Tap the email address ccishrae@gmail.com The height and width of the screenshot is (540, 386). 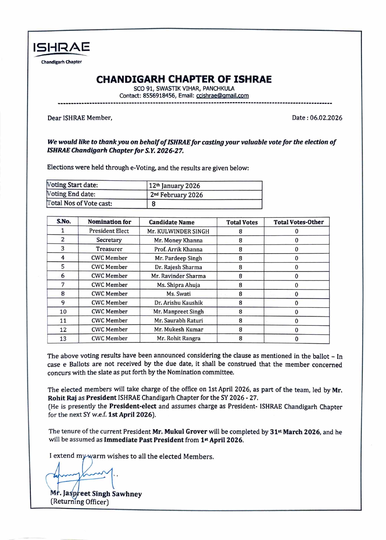(222, 96)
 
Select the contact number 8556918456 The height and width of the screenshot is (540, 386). (159, 96)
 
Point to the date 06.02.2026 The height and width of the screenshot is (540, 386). (326, 118)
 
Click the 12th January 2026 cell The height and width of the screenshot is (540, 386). (174, 186)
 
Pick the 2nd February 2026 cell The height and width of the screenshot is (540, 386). (176, 195)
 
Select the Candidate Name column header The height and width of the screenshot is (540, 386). (172, 222)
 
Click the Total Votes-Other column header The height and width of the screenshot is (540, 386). (299, 222)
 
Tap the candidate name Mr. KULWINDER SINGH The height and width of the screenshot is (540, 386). (178, 231)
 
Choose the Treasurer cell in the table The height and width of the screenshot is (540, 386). (109, 249)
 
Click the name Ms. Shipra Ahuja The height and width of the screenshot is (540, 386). (178, 285)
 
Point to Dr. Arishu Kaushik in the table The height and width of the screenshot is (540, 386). (178, 303)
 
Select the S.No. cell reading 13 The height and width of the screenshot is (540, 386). (63, 339)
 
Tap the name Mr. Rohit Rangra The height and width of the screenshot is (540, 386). (178, 338)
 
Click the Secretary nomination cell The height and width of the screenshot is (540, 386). (109, 240)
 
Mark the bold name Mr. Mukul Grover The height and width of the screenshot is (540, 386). (180, 431)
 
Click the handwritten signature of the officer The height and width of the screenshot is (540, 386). (81, 475)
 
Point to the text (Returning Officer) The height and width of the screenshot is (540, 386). (80, 502)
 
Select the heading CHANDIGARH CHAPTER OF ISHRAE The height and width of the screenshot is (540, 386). (184, 79)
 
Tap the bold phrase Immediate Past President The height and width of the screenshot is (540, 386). (144, 440)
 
